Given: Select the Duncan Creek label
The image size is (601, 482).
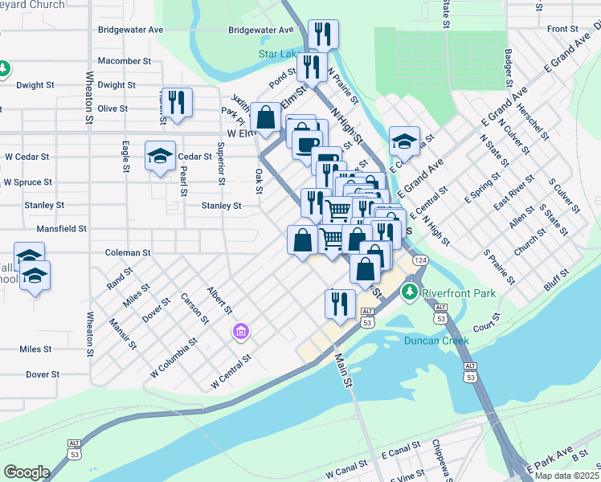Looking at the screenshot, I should [435, 341].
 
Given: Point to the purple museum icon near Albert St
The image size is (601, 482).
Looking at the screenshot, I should [239, 331].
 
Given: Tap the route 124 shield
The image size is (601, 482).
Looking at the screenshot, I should [420, 259].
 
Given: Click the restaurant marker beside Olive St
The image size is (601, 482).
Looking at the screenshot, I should [178, 104].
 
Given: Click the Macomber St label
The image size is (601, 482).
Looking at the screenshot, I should [124, 61].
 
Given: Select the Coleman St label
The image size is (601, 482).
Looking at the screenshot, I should [128, 252].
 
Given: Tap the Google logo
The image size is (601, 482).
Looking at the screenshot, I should [27, 472].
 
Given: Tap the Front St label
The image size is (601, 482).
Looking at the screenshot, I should [562, 29].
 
